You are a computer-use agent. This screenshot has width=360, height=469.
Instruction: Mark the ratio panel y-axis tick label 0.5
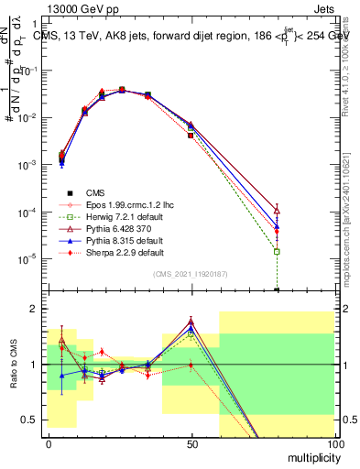30,420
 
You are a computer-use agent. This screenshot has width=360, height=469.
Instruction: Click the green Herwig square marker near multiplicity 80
277,251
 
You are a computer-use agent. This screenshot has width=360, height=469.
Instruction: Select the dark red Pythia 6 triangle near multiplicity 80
277,211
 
